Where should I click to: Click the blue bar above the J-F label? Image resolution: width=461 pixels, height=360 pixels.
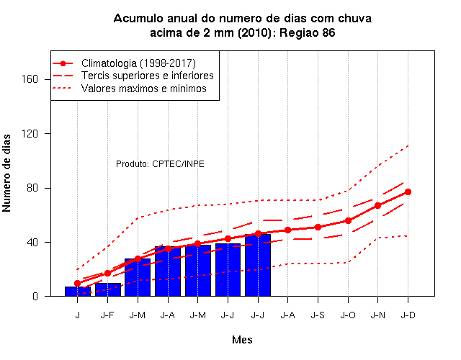tap(108, 289)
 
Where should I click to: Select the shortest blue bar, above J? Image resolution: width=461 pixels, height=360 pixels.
tap(78, 291)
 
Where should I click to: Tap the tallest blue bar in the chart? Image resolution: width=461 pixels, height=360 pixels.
tap(258, 265)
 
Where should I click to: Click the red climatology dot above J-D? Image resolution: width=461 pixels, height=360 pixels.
tap(408, 192)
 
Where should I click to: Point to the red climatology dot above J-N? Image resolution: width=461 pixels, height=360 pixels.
tap(377, 205)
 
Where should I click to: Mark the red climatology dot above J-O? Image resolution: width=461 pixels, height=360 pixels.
tap(348, 220)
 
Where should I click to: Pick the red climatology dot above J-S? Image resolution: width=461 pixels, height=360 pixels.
tap(318, 228)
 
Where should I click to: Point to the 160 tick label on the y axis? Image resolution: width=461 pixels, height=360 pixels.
tap(30, 79)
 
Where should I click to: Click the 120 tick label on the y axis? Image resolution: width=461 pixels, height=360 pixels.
tap(30, 133)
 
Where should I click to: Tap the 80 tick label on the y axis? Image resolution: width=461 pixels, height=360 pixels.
tap(32, 188)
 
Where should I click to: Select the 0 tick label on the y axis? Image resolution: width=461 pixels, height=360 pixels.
tap(35, 296)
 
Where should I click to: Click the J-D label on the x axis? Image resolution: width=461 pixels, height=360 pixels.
tap(408, 315)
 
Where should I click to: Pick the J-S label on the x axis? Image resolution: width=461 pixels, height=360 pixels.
tap(318, 315)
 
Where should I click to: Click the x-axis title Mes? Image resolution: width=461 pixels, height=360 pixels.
tap(242, 340)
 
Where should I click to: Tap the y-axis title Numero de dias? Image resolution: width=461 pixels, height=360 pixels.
tap(6, 173)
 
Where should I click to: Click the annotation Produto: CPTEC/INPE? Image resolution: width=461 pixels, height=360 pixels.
tap(160, 163)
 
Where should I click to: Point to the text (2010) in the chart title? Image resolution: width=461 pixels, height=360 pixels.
tap(254, 32)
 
